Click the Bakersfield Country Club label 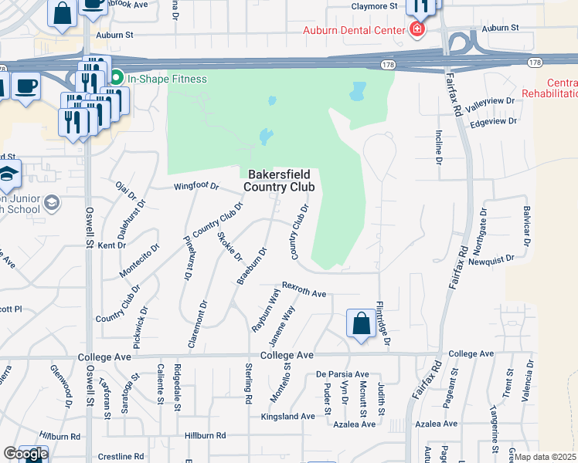tap(280, 181)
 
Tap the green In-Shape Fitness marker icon tap(117, 79)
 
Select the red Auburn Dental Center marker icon tap(417, 30)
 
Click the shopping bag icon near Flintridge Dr tap(361, 324)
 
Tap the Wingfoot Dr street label tap(196, 187)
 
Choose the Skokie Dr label tap(229, 246)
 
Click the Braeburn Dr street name tap(251, 265)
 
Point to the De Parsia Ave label tap(342, 373)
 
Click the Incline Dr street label tap(438, 147)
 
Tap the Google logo tap(25, 454)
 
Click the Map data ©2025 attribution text tap(546, 457)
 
